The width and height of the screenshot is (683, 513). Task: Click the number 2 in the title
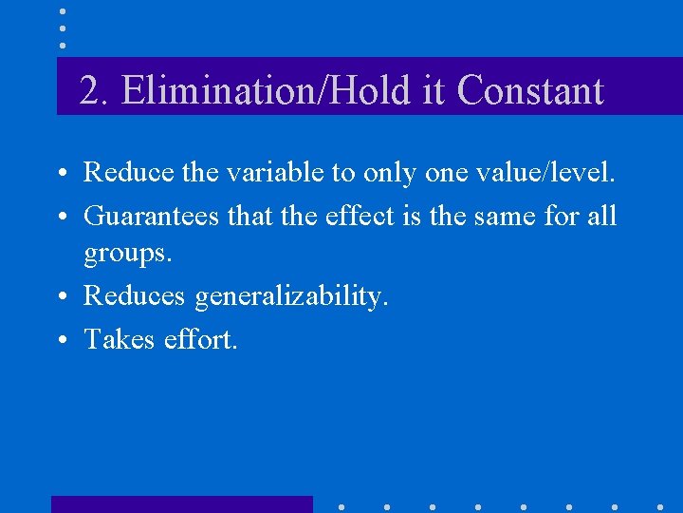pos(91,91)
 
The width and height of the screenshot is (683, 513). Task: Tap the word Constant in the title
pos(529,91)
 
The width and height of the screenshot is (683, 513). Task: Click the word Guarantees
pos(153,217)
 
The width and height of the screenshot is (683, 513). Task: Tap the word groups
pos(128,255)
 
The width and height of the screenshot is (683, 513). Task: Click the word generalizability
pos(291,296)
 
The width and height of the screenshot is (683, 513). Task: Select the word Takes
pos(117,338)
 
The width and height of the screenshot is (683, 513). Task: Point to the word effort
pos(198,338)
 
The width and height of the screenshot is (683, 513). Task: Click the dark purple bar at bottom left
pos(181,503)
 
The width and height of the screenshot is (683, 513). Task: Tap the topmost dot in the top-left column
pos(63,11)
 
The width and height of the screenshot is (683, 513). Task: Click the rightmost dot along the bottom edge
pos(660,507)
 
